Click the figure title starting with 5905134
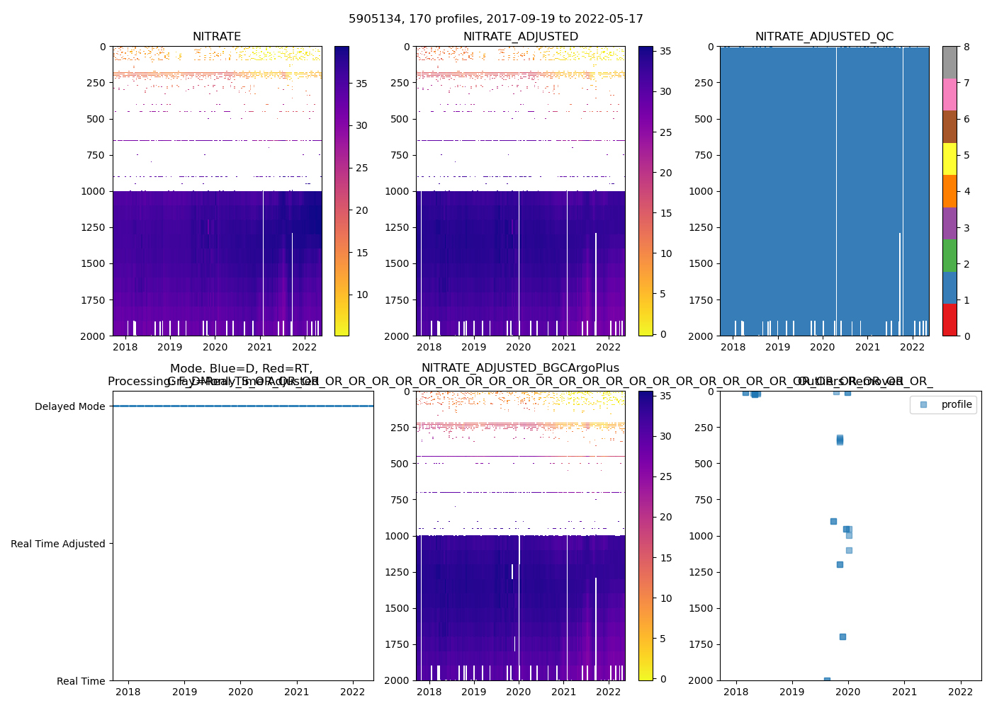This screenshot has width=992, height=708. (496, 19)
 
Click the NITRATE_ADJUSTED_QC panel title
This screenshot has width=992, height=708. (824, 37)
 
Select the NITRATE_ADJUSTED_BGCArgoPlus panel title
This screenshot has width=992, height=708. (520, 368)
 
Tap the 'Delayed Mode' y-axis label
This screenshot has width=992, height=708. (69, 406)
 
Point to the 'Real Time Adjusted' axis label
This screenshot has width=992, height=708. (57, 544)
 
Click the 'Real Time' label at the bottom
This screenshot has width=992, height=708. (81, 681)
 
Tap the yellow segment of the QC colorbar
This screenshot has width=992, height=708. (949, 159)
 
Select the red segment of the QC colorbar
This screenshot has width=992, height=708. (949, 319)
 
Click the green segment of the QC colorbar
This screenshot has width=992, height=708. (949, 255)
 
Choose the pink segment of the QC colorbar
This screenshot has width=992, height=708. (949, 94)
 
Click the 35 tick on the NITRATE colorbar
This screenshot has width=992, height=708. (361, 84)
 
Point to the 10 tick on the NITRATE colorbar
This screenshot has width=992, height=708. (361, 295)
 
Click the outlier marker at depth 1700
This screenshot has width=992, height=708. (842, 636)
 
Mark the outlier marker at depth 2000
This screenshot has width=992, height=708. (827, 680)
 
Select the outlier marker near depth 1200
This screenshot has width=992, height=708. (840, 564)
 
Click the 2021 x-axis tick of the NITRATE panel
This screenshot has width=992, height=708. (260, 347)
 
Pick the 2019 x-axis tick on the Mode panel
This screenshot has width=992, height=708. (184, 692)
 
